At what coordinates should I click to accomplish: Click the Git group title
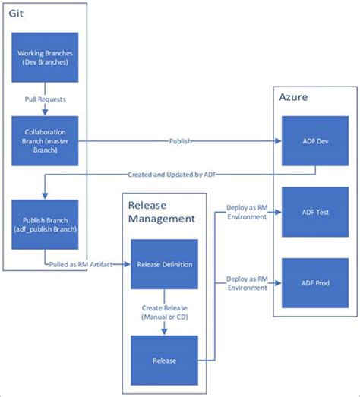point(17,14)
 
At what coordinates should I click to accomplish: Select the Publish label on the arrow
point(180,140)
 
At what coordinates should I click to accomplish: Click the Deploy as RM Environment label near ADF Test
point(247,212)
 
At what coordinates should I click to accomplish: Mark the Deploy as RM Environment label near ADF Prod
point(247,283)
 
